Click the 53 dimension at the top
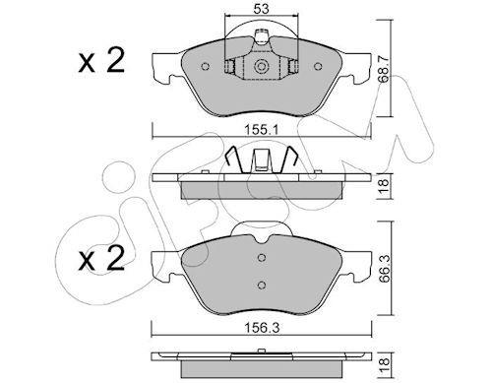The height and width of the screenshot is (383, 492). pyautogui.click(x=261, y=9)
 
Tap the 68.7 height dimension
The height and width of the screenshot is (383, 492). pyautogui.click(x=383, y=69)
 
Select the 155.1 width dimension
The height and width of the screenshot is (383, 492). pyautogui.click(x=262, y=130)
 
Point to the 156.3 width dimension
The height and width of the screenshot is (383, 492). pyautogui.click(x=262, y=328)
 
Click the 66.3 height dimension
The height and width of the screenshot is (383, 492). pyautogui.click(x=384, y=269)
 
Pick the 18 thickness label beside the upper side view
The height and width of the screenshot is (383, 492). pyautogui.click(x=384, y=186)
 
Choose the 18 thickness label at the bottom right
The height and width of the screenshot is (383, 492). pyautogui.click(x=384, y=361)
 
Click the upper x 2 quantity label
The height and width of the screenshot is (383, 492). pyautogui.click(x=101, y=60)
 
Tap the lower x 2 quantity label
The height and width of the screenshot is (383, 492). pyautogui.click(x=101, y=258)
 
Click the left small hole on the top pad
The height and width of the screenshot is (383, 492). pyautogui.click(x=205, y=67)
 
